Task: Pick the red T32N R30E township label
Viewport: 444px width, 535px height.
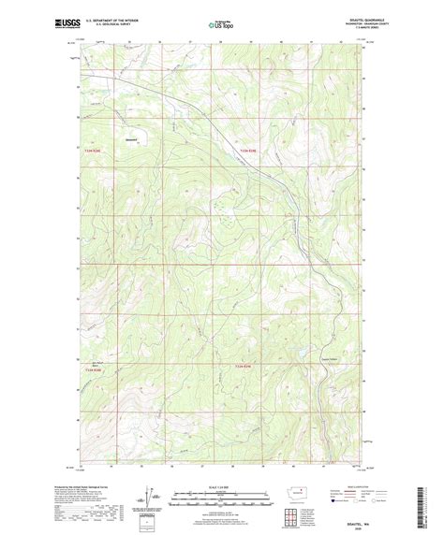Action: [x=245, y=363]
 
